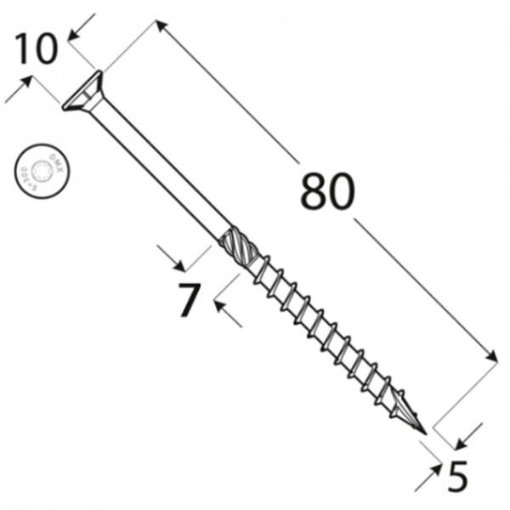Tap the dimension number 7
click(189, 301)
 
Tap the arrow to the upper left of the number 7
click(167, 253)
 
